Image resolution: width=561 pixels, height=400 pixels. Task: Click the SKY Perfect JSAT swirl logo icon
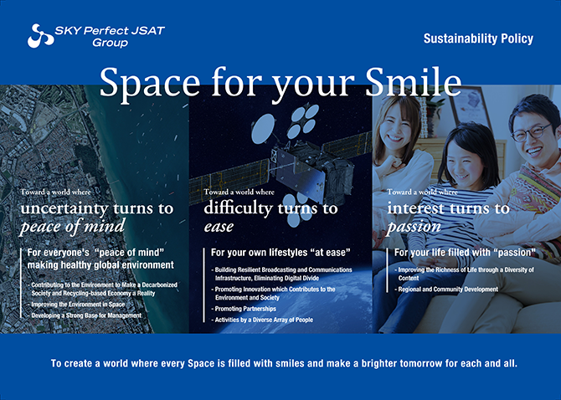(40, 36)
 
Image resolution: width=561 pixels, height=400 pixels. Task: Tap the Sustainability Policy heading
(478, 38)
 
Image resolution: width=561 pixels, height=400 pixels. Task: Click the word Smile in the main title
(413, 82)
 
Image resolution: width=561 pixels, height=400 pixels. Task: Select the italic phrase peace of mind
(73, 227)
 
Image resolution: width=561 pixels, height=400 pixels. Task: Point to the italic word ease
(219, 227)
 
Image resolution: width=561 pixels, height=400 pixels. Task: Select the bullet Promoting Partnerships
(244, 309)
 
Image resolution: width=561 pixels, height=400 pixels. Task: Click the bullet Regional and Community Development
(446, 290)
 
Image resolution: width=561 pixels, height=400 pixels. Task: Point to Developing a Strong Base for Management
(85, 315)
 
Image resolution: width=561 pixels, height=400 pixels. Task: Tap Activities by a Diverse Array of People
(262, 320)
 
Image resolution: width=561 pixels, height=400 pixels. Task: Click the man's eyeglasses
(532, 132)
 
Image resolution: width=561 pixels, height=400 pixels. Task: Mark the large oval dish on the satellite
(263, 129)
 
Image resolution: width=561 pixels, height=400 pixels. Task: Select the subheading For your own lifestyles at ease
(280, 253)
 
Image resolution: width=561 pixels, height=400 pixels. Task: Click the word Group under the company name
(111, 43)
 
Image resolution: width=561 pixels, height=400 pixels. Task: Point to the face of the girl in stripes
(463, 162)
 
